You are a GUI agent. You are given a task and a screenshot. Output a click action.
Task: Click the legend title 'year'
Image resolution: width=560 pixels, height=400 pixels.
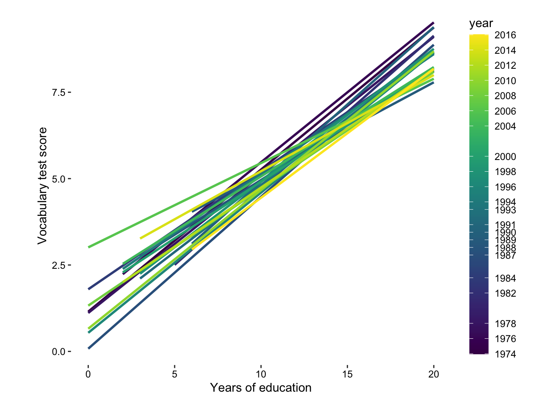(x=481, y=24)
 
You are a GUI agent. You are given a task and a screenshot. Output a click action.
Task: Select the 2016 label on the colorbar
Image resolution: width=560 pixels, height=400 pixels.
(x=505, y=35)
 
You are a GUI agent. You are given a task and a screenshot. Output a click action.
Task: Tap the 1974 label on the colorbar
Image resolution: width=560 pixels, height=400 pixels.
(x=505, y=354)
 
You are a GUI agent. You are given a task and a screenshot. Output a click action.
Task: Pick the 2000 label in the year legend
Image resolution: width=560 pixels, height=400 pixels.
(x=505, y=157)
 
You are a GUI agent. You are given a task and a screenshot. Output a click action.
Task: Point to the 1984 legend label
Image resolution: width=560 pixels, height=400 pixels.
(x=505, y=278)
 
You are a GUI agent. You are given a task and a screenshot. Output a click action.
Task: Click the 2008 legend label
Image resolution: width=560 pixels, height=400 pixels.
(x=505, y=96)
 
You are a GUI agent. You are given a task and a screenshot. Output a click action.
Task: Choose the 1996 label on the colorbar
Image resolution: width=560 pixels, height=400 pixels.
(x=505, y=187)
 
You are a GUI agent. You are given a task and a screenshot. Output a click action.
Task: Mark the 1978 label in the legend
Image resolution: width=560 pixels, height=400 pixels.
(x=505, y=324)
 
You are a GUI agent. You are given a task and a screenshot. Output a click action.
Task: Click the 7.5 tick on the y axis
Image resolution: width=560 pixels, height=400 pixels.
(x=58, y=92)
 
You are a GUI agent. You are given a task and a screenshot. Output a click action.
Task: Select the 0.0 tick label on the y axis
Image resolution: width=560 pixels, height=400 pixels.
(x=58, y=352)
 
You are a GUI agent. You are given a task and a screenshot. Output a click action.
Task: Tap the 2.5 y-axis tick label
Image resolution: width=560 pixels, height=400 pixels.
(x=58, y=265)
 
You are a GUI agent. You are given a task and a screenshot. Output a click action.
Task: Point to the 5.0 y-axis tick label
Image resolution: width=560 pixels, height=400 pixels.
(x=58, y=179)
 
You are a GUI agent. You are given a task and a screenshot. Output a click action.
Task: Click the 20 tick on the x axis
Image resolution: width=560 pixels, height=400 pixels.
(x=434, y=374)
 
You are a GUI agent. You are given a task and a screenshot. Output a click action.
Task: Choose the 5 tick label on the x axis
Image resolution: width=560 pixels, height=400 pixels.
(x=175, y=374)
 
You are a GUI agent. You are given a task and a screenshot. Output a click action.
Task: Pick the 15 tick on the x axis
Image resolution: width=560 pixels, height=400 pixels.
(x=347, y=374)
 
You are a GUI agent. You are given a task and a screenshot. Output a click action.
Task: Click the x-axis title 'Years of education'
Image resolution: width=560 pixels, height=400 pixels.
(x=261, y=388)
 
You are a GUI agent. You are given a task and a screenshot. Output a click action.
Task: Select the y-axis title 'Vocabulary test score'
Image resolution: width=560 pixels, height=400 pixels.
(x=42, y=186)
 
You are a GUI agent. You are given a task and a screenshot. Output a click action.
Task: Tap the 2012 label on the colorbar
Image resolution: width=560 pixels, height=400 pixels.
(x=505, y=65)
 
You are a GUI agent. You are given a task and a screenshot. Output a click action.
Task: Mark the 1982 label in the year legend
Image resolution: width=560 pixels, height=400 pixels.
(x=505, y=293)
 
